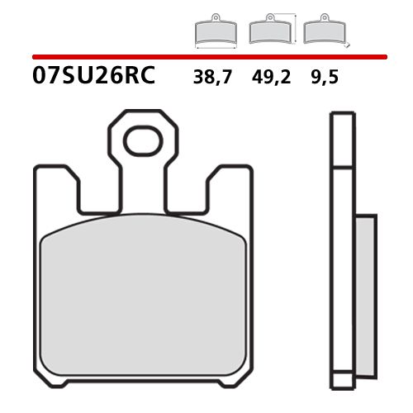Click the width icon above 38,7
pyautogui.click(x=215, y=32)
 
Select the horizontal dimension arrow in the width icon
pyautogui.click(x=215, y=45)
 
